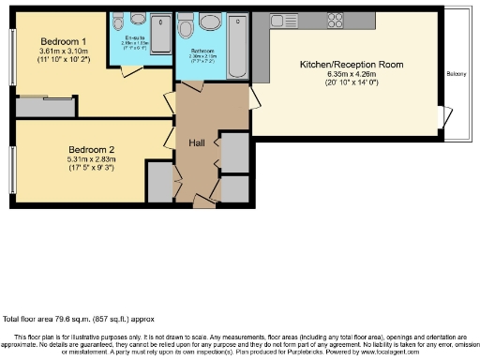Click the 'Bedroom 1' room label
pyautogui.click(x=64, y=41)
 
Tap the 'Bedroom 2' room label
pyautogui.click(x=91, y=148)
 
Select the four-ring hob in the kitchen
pyautogui.click(x=336, y=20)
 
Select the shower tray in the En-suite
pyautogui.click(x=160, y=32)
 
